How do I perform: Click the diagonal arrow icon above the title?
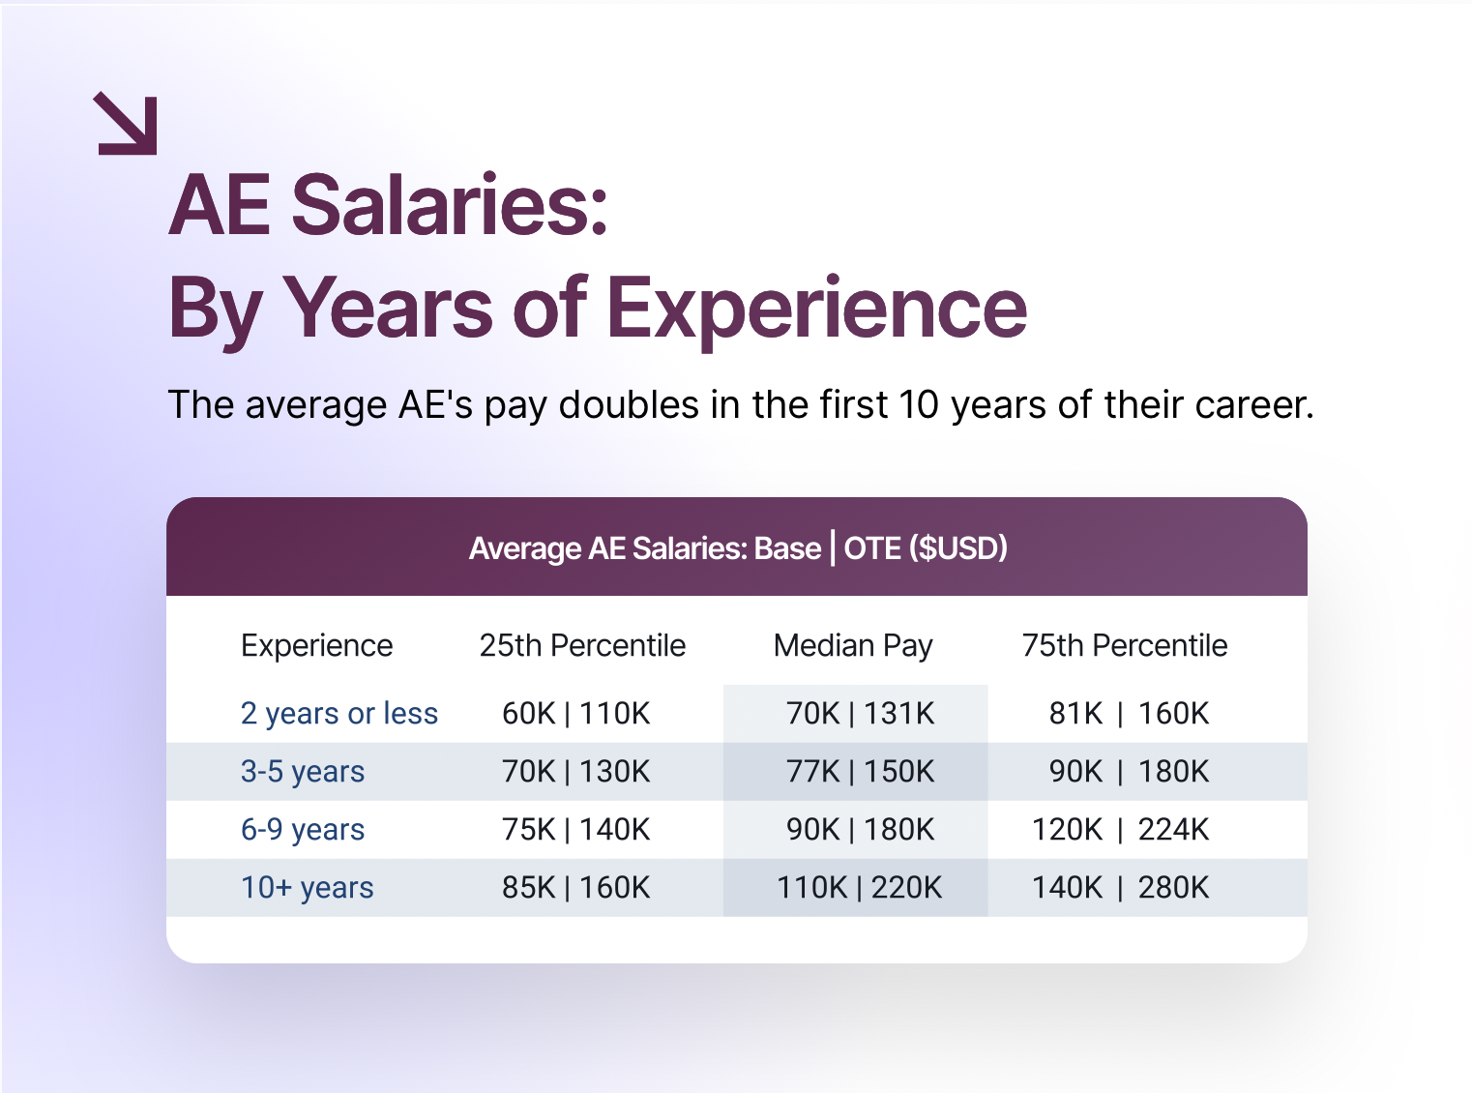tap(126, 124)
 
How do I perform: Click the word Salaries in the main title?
tap(450, 204)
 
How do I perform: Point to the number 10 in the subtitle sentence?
tap(919, 404)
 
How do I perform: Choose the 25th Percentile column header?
tap(582, 645)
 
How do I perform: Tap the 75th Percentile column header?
tap(1124, 645)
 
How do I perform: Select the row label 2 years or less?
tap(339, 714)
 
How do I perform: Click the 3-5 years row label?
tap(303, 772)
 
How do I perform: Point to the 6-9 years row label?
tap(303, 829)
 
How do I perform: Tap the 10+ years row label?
tap(308, 888)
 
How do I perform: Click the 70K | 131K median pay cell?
tap(860, 714)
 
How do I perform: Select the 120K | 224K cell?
tap(1120, 829)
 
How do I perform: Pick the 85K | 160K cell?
tap(576, 888)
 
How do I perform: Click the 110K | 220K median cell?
tap(859, 888)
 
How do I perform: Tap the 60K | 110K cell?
tap(576, 714)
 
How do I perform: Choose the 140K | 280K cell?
tap(1120, 888)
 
